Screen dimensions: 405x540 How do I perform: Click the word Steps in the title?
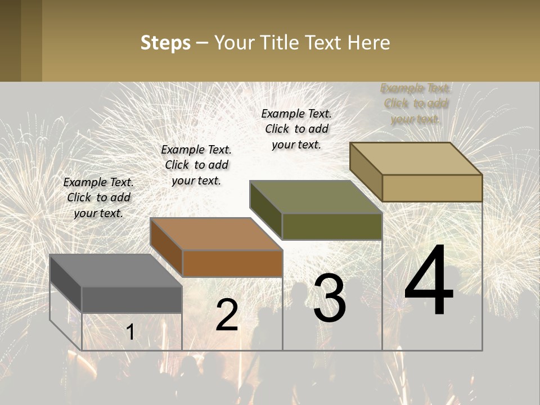pyautogui.click(x=165, y=43)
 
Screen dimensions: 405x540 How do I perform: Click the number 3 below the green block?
pyautogui.click(x=330, y=298)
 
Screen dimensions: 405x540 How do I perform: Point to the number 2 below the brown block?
pyautogui.click(x=227, y=315)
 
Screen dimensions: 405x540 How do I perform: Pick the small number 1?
pyautogui.click(x=130, y=332)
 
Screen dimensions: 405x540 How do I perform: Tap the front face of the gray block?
pyautogui.click(x=132, y=299)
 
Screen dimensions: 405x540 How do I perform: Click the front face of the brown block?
pyautogui.click(x=232, y=263)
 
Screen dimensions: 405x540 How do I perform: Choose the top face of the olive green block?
pyautogui.click(x=316, y=197)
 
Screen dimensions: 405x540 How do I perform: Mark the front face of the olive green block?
pyautogui.click(x=332, y=226)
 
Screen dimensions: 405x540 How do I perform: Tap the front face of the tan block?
pyautogui.click(x=432, y=188)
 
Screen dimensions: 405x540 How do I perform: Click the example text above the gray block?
pyautogui.click(x=98, y=197)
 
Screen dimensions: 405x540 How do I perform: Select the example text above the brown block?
pyautogui.click(x=196, y=165)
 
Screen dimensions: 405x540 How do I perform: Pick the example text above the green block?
pyautogui.click(x=296, y=129)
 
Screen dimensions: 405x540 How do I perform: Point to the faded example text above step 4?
pyautogui.click(x=416, y=103)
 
